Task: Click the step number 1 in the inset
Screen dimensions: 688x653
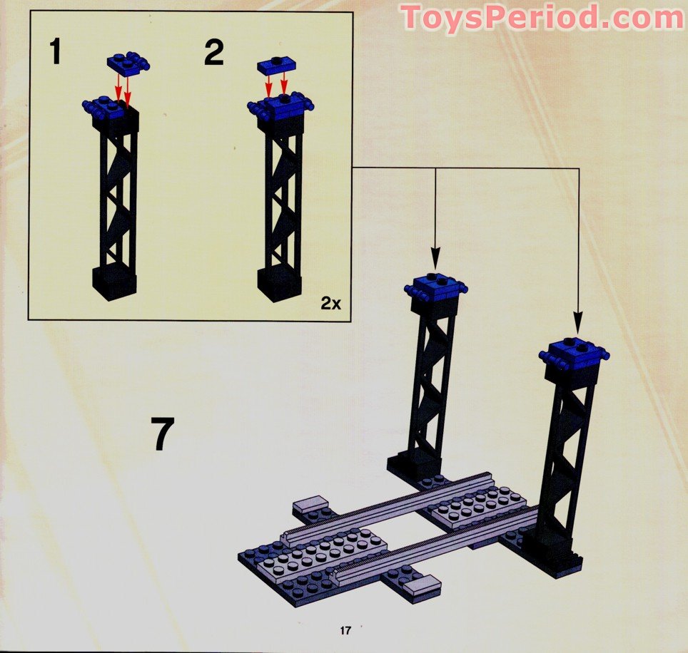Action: (55, 52)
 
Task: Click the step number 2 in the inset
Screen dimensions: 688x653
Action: (215, 52)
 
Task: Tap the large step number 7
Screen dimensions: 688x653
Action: (162, 433)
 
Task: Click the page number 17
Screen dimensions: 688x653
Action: (345, 631)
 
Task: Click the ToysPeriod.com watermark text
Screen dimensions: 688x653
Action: (542, 18)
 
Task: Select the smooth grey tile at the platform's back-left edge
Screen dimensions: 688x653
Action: (310, 505)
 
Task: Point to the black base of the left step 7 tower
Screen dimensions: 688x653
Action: (413, 467)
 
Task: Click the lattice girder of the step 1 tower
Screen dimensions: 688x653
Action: (118, 197)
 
